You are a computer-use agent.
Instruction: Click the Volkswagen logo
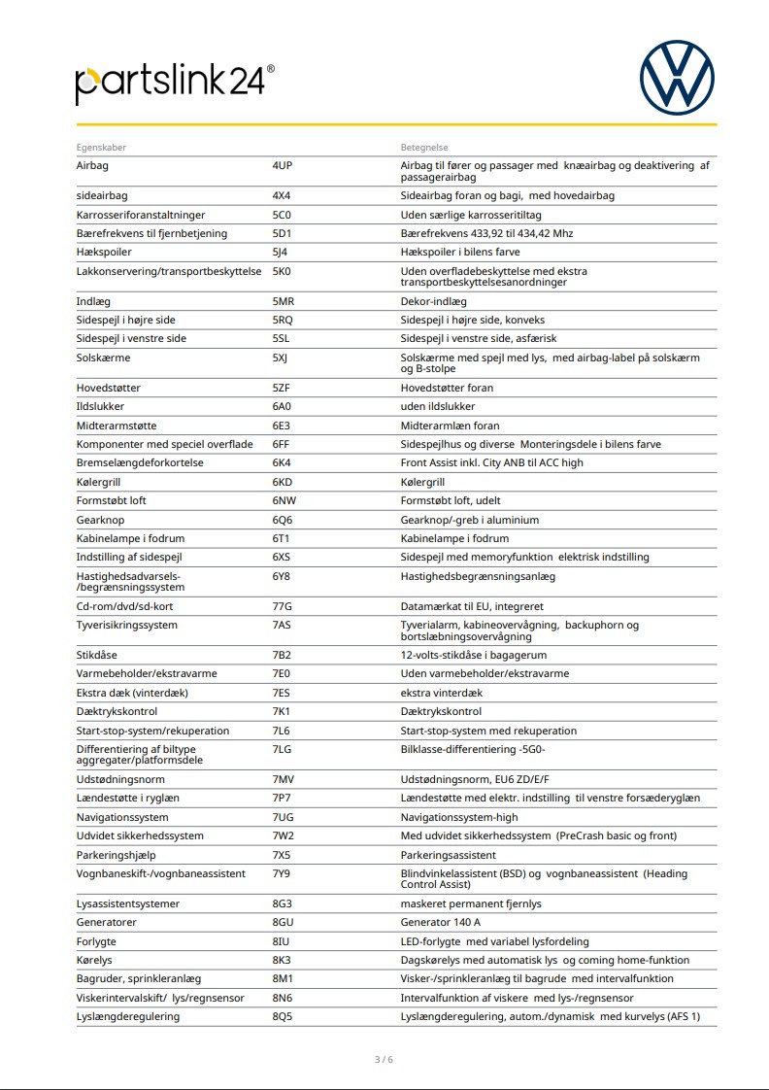click(x=677, y=77)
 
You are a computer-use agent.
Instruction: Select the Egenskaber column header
click(x=101, y=148)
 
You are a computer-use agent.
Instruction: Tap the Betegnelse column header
click(x=424, y=148)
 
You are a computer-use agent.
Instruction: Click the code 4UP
click(x=283, y=166)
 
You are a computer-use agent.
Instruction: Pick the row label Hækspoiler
click(x=104, y=253)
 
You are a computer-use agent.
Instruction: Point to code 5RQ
click(x=283, y=320)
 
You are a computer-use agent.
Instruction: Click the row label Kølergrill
click(x=101, y=482)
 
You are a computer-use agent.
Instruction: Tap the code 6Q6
click(x=283, y=520)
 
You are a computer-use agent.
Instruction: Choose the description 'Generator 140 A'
click(x=441, y=922)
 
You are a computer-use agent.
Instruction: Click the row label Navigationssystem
click(x=122, y=817)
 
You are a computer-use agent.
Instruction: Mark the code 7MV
click(x=283, y=780)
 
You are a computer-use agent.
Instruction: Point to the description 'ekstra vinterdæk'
click(x=442, y=693)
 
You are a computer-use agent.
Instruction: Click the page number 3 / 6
click(x=384, y=1059)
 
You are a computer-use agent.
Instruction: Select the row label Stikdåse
click(x=97, y=655)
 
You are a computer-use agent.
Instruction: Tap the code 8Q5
click(x=283, y=1016)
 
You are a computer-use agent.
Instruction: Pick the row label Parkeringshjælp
click(x=116, y=855)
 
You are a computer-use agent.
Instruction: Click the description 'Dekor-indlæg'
click(x=434, y=301)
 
